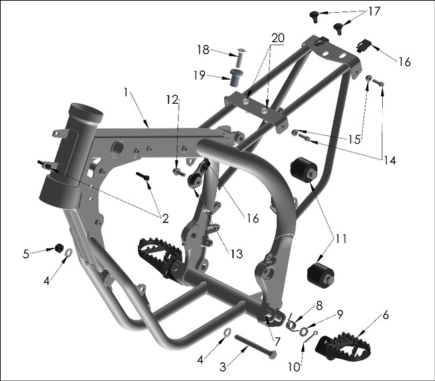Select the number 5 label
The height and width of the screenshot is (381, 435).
[x=26, y=254]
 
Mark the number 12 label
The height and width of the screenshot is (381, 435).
[x=173, y=100]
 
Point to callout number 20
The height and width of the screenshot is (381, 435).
[x=278, y=37]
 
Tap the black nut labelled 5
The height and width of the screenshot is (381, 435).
[x=58, y=248]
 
